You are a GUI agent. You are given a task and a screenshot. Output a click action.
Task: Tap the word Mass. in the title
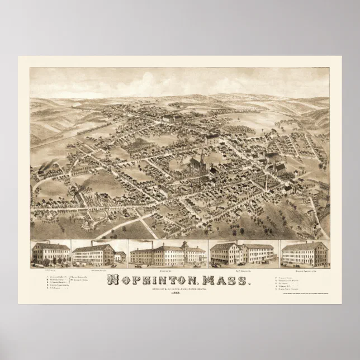222,278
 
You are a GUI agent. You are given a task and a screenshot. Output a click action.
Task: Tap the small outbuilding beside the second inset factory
120,256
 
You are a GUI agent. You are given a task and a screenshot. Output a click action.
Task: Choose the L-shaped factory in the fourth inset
240,253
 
